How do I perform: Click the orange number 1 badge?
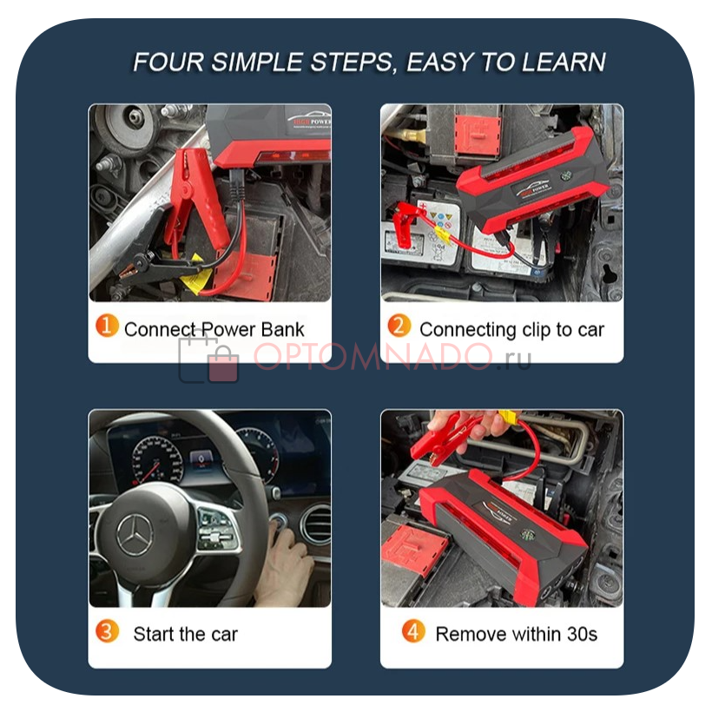(107, 326)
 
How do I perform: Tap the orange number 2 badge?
(399, 326)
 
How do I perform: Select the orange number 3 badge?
(107, 631)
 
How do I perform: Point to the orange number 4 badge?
(413, 631)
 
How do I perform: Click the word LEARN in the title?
(564, 63)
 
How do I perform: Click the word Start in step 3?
(154, 634)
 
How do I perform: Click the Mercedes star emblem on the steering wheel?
(135, 536)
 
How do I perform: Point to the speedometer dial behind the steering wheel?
(157, 460)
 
